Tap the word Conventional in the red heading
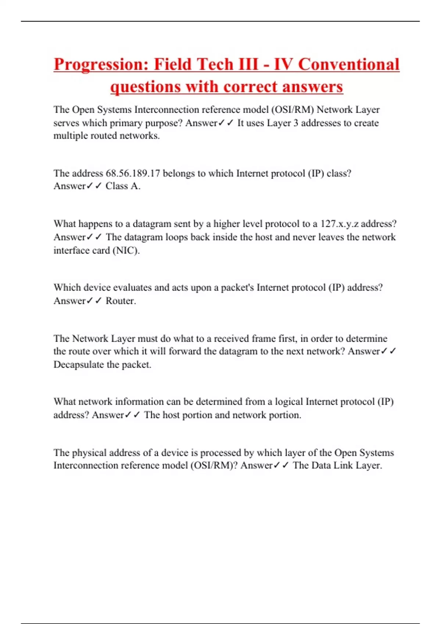pyautogui.click(x=348, y=65)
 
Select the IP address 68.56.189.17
pyautogui.click(x=133, y=173)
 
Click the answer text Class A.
pyautogui.click(x=123, y=186)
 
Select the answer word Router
pyautogui.click(x=121, y=301)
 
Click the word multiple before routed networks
pyautogui.click(x=71, y=136)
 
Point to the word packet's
pyautogui.click(x=237, y=287)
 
